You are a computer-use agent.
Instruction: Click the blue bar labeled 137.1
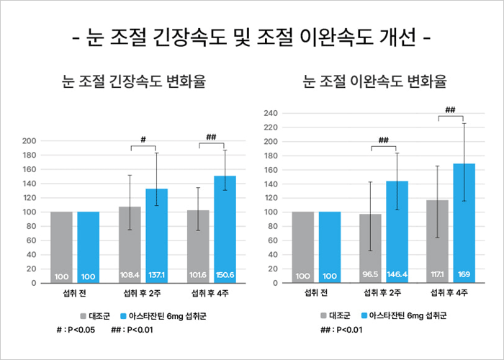pyautogui.click(x=157, y=236)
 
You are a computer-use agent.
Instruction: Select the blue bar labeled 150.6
pyautogui.click(x=225, y=230)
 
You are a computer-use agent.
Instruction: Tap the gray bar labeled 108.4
pyautogui.click(x=130, y=245)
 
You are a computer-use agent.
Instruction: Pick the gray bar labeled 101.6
pyautogui.click(x=197, y=246)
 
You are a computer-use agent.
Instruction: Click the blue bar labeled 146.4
pyautogui.click(x=397, y=232)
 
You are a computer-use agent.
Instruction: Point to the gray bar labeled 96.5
pyautogui.click(x=369, y=248)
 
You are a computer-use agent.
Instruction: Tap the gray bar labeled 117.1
pyautogui.click(x=437, y=241)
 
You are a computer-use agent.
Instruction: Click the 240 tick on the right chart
pyautogui.click(x=271, y=113)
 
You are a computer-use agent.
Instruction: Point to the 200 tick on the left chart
pyautogui.click(x=30, y=141)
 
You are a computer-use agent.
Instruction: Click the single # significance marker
pyautogui.click(x=143, y=139)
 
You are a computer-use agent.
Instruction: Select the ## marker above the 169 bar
pyautogui.click(x=451, y=110)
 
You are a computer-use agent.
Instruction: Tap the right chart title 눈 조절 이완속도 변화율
pyautogui.click(x=374, y=82)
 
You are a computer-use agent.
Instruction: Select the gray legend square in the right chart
pyautogui.click(x=323, y=316)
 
